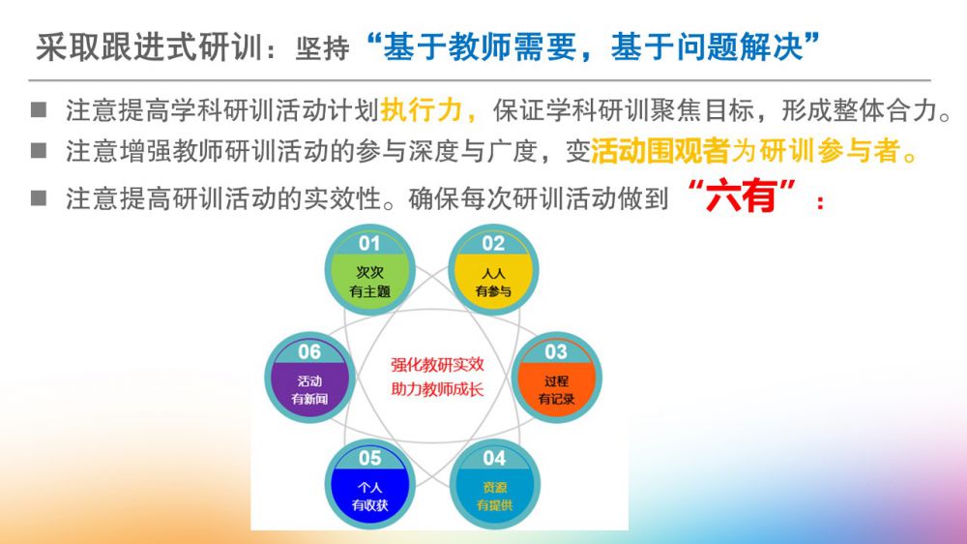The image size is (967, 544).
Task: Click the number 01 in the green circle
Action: coord(369,243)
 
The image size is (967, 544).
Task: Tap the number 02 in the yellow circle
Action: coord(493,243)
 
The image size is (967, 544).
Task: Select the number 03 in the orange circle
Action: coord(556,352)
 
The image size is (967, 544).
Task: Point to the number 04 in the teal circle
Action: coord(494,458)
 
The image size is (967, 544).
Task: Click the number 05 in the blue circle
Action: coord(370,458)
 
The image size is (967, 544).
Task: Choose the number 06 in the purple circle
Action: coord(309,352)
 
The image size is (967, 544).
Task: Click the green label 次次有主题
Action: coord(370,282)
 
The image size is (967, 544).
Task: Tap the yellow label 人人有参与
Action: coord(493,283)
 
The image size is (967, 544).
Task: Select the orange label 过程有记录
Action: coord(556,390)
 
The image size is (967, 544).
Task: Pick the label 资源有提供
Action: coord(494,497)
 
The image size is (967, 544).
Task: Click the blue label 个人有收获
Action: coord(370,497)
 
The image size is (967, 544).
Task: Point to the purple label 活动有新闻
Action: coord(309,390)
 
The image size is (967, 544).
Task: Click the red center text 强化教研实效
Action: coord(437,364)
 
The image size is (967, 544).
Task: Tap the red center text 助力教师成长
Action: coord(437,389)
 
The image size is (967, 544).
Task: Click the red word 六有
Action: coord(741,196)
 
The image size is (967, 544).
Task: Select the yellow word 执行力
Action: coord(421,110)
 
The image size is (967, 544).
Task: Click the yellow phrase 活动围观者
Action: coord(659,151)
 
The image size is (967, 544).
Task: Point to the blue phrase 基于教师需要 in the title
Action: coord(480,47)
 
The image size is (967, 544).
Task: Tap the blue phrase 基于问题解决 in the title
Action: coord(707,47)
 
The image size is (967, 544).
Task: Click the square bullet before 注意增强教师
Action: coord(39,150)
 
